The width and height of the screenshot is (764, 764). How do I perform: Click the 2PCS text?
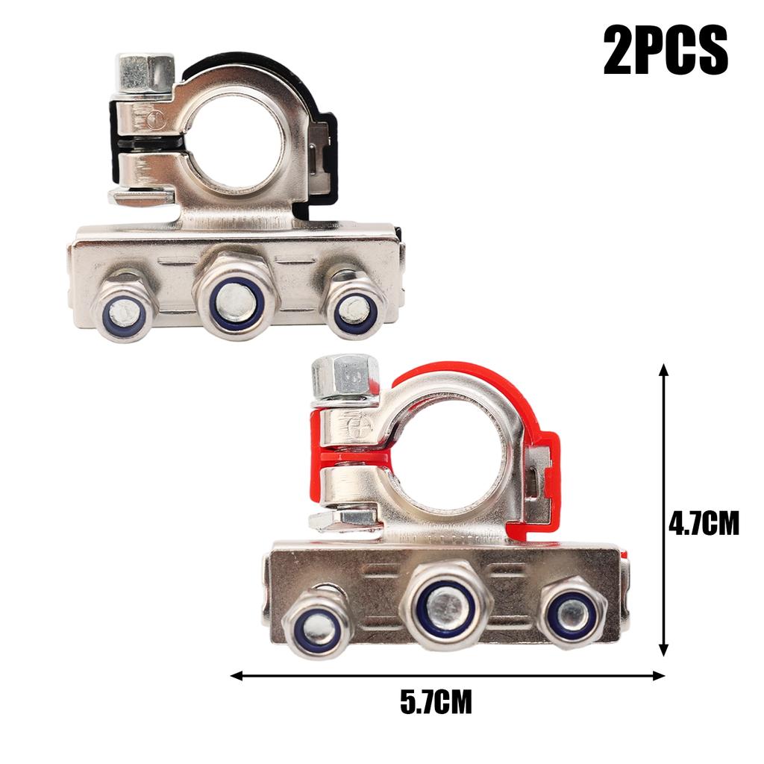tap(666, 50)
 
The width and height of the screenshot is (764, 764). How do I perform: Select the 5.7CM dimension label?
tap(436, 703)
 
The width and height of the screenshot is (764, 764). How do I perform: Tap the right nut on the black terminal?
tap(354, 306)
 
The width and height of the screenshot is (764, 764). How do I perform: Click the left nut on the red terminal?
tap(317, 622)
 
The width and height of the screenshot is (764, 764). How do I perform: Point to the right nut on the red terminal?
tap(571, 611)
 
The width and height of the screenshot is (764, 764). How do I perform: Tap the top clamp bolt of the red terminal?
tap(345, 378)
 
